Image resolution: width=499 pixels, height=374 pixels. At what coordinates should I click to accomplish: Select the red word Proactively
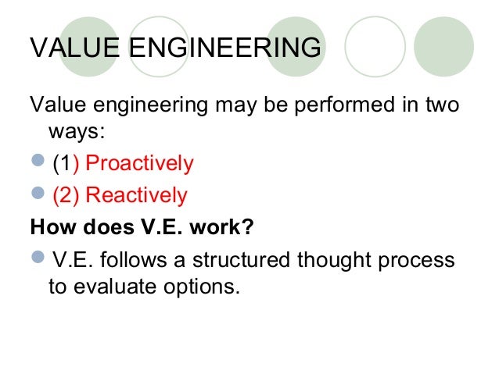pos(138,165)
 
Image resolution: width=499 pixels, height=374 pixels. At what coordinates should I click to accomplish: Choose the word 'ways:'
pos(77,134)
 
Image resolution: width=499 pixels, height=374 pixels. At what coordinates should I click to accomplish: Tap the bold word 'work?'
pos(226,227)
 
